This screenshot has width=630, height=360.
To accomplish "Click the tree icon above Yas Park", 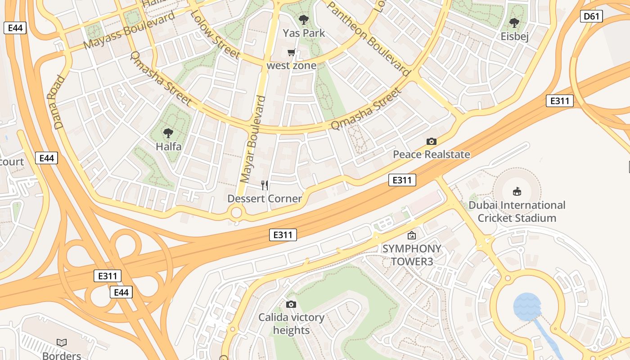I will point(304,19).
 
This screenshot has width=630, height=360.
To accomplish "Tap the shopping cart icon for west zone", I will point(291,53).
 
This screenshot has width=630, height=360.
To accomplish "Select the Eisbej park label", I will point(514,36).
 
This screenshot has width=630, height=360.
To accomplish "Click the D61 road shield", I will point(591,17).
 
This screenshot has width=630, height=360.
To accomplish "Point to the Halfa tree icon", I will point(168,133).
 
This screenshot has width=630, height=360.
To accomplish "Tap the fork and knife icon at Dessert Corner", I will point(265,185).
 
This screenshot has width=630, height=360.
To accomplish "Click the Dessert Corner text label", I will point(265,198).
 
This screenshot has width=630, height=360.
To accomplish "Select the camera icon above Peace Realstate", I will point(431,142).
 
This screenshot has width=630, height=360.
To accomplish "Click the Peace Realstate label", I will point(431,154).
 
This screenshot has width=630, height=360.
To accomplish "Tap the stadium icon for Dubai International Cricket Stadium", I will point(517,192).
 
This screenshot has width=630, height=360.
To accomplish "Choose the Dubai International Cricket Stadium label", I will point(517,211).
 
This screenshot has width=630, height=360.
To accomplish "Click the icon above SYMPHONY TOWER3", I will point(411,235).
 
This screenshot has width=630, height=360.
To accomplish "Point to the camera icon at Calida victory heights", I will point(291,304).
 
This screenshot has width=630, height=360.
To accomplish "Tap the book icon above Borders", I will point(62,342).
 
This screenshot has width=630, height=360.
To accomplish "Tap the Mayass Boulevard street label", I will point(129,30).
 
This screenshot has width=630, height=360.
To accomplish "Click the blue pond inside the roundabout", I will point(527,306).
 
